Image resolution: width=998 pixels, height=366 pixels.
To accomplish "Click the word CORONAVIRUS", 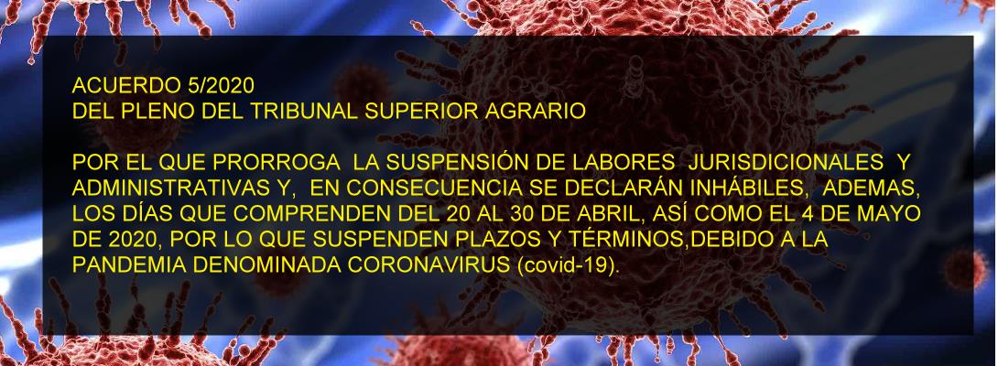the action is click(x=427, y=266).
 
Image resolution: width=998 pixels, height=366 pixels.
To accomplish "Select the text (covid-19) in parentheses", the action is click(x=565, y=266).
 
